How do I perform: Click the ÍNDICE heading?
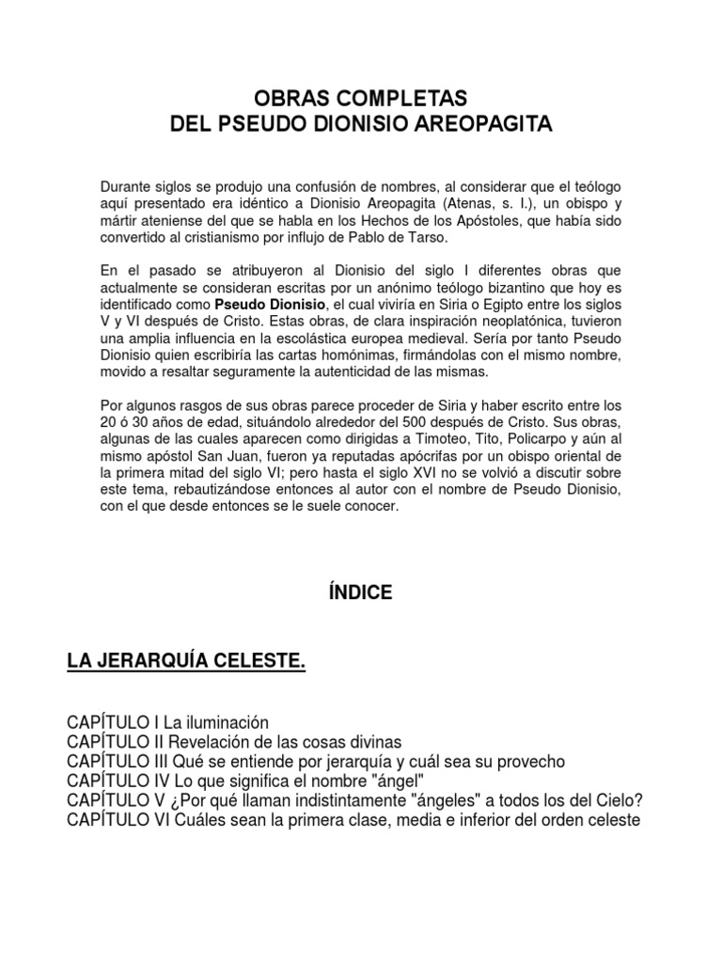(x=361, y=592)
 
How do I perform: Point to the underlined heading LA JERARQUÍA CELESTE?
(x=185, y=665)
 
